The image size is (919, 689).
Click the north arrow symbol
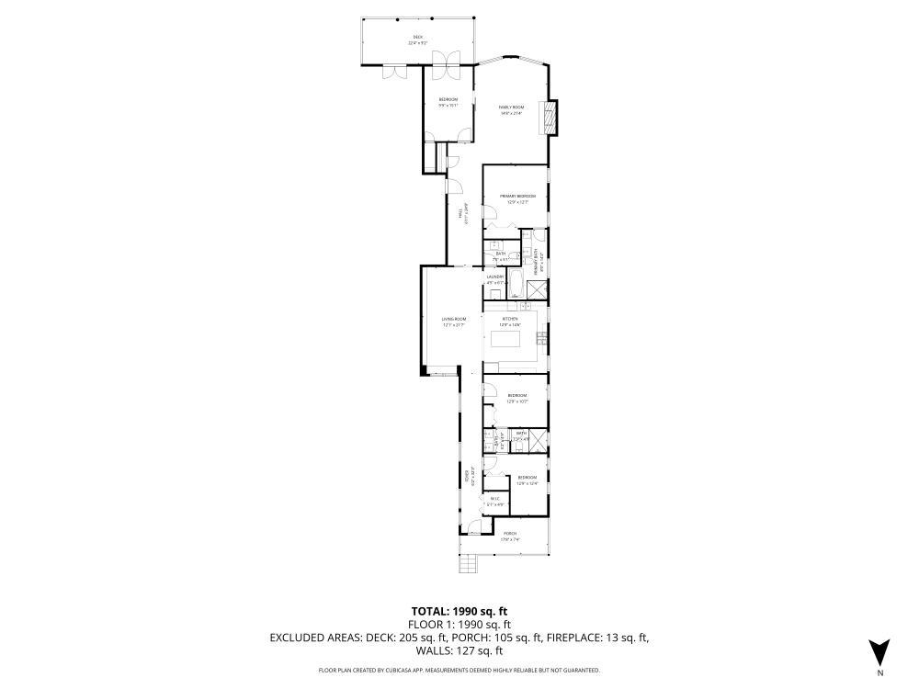pyautogui.click(x=879, y=651)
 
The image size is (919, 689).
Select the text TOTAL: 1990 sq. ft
pyautogui.click(x=459, y=611)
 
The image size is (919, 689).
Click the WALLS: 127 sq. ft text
pyautogui.click(x=459, y=650)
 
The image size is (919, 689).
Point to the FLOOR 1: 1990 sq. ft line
pyautogui.click(x=459, y=625)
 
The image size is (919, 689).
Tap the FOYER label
pyautogui.click(x=467, y=478)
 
